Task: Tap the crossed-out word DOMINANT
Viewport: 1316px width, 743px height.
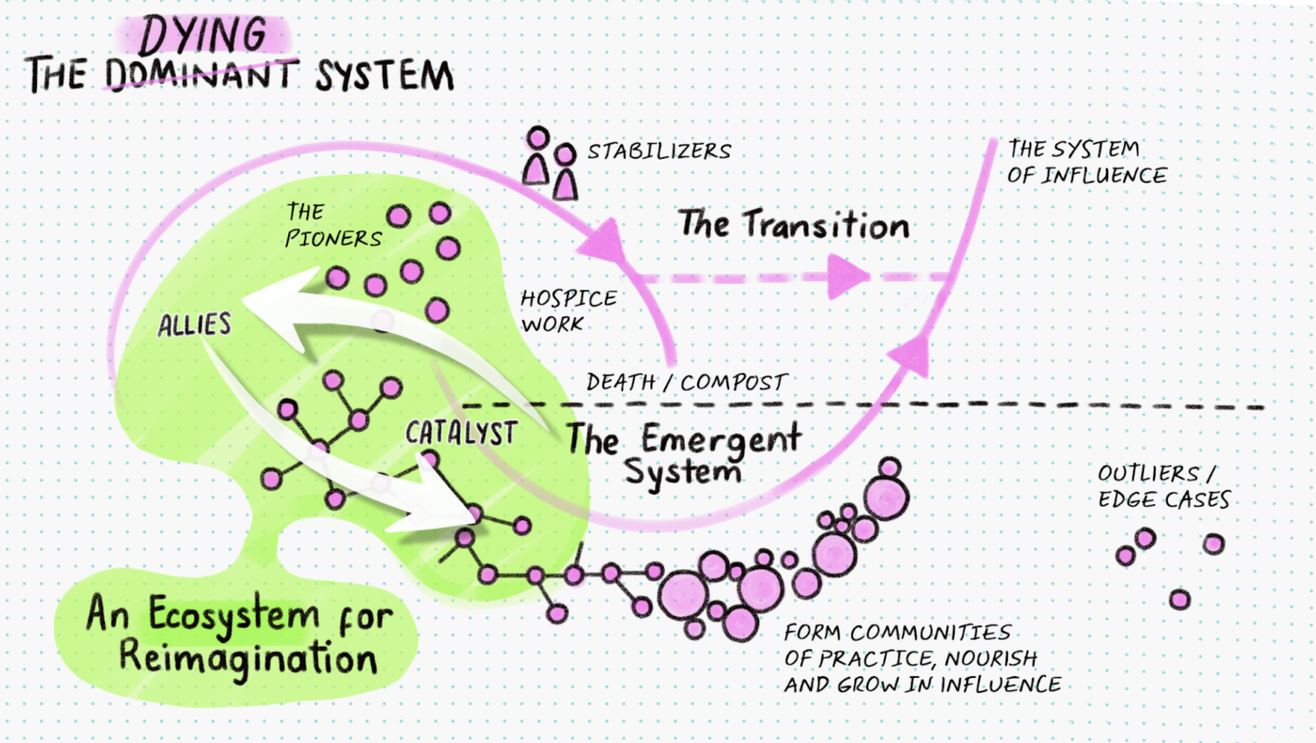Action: (x=200, y=74)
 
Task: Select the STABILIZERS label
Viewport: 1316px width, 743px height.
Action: (x=659, y=152)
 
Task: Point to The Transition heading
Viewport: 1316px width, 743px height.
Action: (x=793, y=224)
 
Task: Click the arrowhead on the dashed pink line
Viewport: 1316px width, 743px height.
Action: (x=846, y=276)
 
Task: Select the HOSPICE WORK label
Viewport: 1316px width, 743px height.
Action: (x=568, y=311)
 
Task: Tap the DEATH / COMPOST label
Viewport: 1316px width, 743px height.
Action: (x=686, y=382)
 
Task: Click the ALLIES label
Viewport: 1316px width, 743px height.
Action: (x=194, y=325)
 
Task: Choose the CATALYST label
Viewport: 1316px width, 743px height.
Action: (x=461, y=433)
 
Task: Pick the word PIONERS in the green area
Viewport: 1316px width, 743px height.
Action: (x=333, y=238)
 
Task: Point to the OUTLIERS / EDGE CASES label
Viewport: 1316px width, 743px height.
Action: (x=1163, y=486)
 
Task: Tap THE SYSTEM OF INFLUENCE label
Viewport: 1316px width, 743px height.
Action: (x=1086, y=162)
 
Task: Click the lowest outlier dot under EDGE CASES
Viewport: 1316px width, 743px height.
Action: (x=1180, y=599)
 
